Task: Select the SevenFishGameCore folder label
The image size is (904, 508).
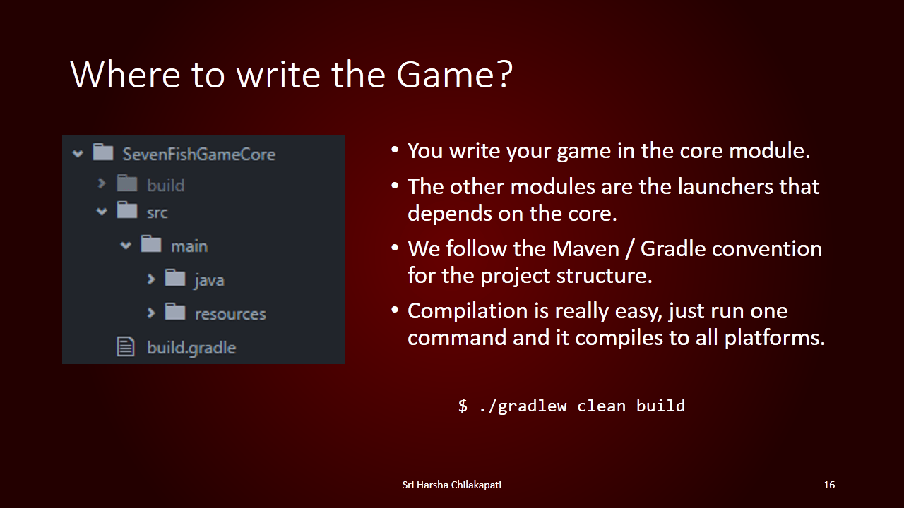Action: tap(199, 155)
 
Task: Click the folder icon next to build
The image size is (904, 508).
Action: tap(127, 183)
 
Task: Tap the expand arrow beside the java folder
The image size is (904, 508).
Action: tap(151, 279)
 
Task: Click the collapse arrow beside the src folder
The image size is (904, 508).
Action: tap(102, 211)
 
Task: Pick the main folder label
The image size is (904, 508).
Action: tap(189, 246)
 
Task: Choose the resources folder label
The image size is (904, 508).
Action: tap(230, 314)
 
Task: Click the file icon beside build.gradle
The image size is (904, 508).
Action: tap(126, 346)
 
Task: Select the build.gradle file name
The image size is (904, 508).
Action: tap(191, 349)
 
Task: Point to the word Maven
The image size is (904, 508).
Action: tap(585, 248)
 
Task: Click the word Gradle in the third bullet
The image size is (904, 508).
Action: tap(672, 248)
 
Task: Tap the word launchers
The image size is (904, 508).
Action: tap(725, 187)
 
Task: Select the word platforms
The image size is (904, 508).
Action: tap(775, 338)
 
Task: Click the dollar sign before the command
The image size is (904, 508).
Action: tap(463, 406)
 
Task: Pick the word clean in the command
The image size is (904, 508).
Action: tap(601, 406)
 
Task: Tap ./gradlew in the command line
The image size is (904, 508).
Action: tap(523, 406)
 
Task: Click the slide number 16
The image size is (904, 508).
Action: tap(829, 485)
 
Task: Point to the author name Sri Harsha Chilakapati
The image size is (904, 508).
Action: tap(451, 485)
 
